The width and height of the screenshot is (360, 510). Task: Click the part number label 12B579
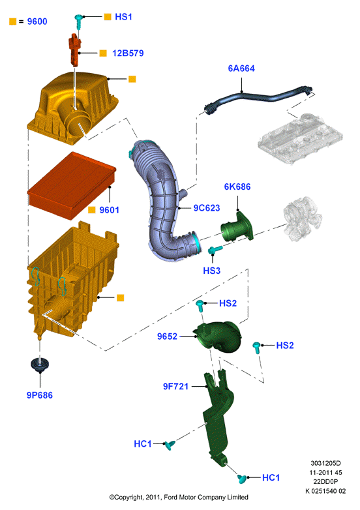[128, 53]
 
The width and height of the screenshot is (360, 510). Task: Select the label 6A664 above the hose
[241, 68]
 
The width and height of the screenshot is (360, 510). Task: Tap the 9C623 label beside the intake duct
[207, 208]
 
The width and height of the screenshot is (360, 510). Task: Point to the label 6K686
[237, 187]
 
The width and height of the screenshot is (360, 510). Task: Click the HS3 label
[212, 271]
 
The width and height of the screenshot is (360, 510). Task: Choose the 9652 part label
[167, 337]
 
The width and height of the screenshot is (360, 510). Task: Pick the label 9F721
[175, 386]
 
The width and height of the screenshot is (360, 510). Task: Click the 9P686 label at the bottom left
[40, 395]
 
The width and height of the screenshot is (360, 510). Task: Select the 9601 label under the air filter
[110, 210]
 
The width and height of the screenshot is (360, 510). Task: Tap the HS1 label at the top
[123, 17]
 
